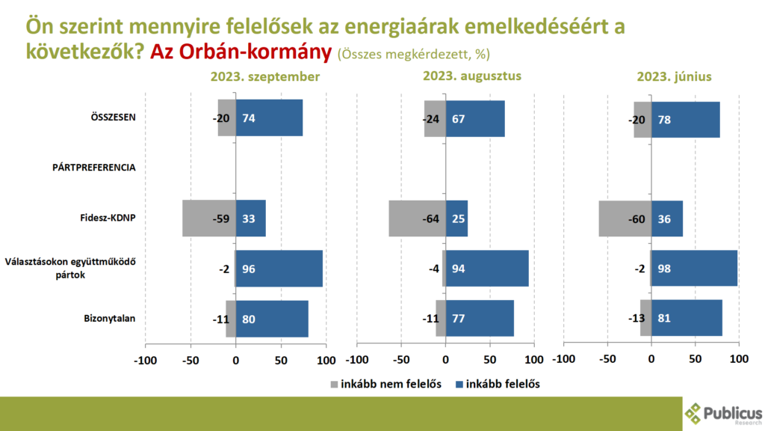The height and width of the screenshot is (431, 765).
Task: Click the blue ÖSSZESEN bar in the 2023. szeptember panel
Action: pyautogui.click(x=269, y=118)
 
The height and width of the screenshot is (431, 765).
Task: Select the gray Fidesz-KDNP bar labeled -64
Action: pyautogui.click(x=417, y=218)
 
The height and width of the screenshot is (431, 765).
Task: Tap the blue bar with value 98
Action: pyautogui.click(x=694, y=269)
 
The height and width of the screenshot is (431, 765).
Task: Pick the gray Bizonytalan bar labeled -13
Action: pyautogui.click(x=645, y=318)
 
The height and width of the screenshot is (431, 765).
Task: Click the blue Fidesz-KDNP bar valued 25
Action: pyautogui.click(x=456, y=218)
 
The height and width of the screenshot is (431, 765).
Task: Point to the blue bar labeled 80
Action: pyautogui.click(x=272, y=318)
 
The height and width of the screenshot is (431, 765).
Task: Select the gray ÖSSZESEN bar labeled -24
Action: pyautogui.click(x=435, y=118)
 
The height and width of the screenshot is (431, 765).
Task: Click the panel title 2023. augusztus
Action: pyautogui.click(x=471, y=76)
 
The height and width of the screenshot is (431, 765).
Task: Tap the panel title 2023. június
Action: pyautogui.click(x=674, y=76)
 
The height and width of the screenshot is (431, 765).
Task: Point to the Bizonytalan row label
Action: pyautogui.click(x=110, y=319)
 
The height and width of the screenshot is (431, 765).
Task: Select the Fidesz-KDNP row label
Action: pyautogui.click(x=108, y=218)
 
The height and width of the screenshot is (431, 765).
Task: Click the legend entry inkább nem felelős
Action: pyautogui.click(x=385, y=384)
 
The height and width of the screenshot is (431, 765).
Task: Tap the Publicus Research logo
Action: pyautogui.click(x=722, y=414)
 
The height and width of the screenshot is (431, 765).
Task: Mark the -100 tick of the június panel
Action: pyautogui.click(x=563, y=359)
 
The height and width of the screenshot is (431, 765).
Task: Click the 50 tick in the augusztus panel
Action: pyautogui.click(x=490, y=359)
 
